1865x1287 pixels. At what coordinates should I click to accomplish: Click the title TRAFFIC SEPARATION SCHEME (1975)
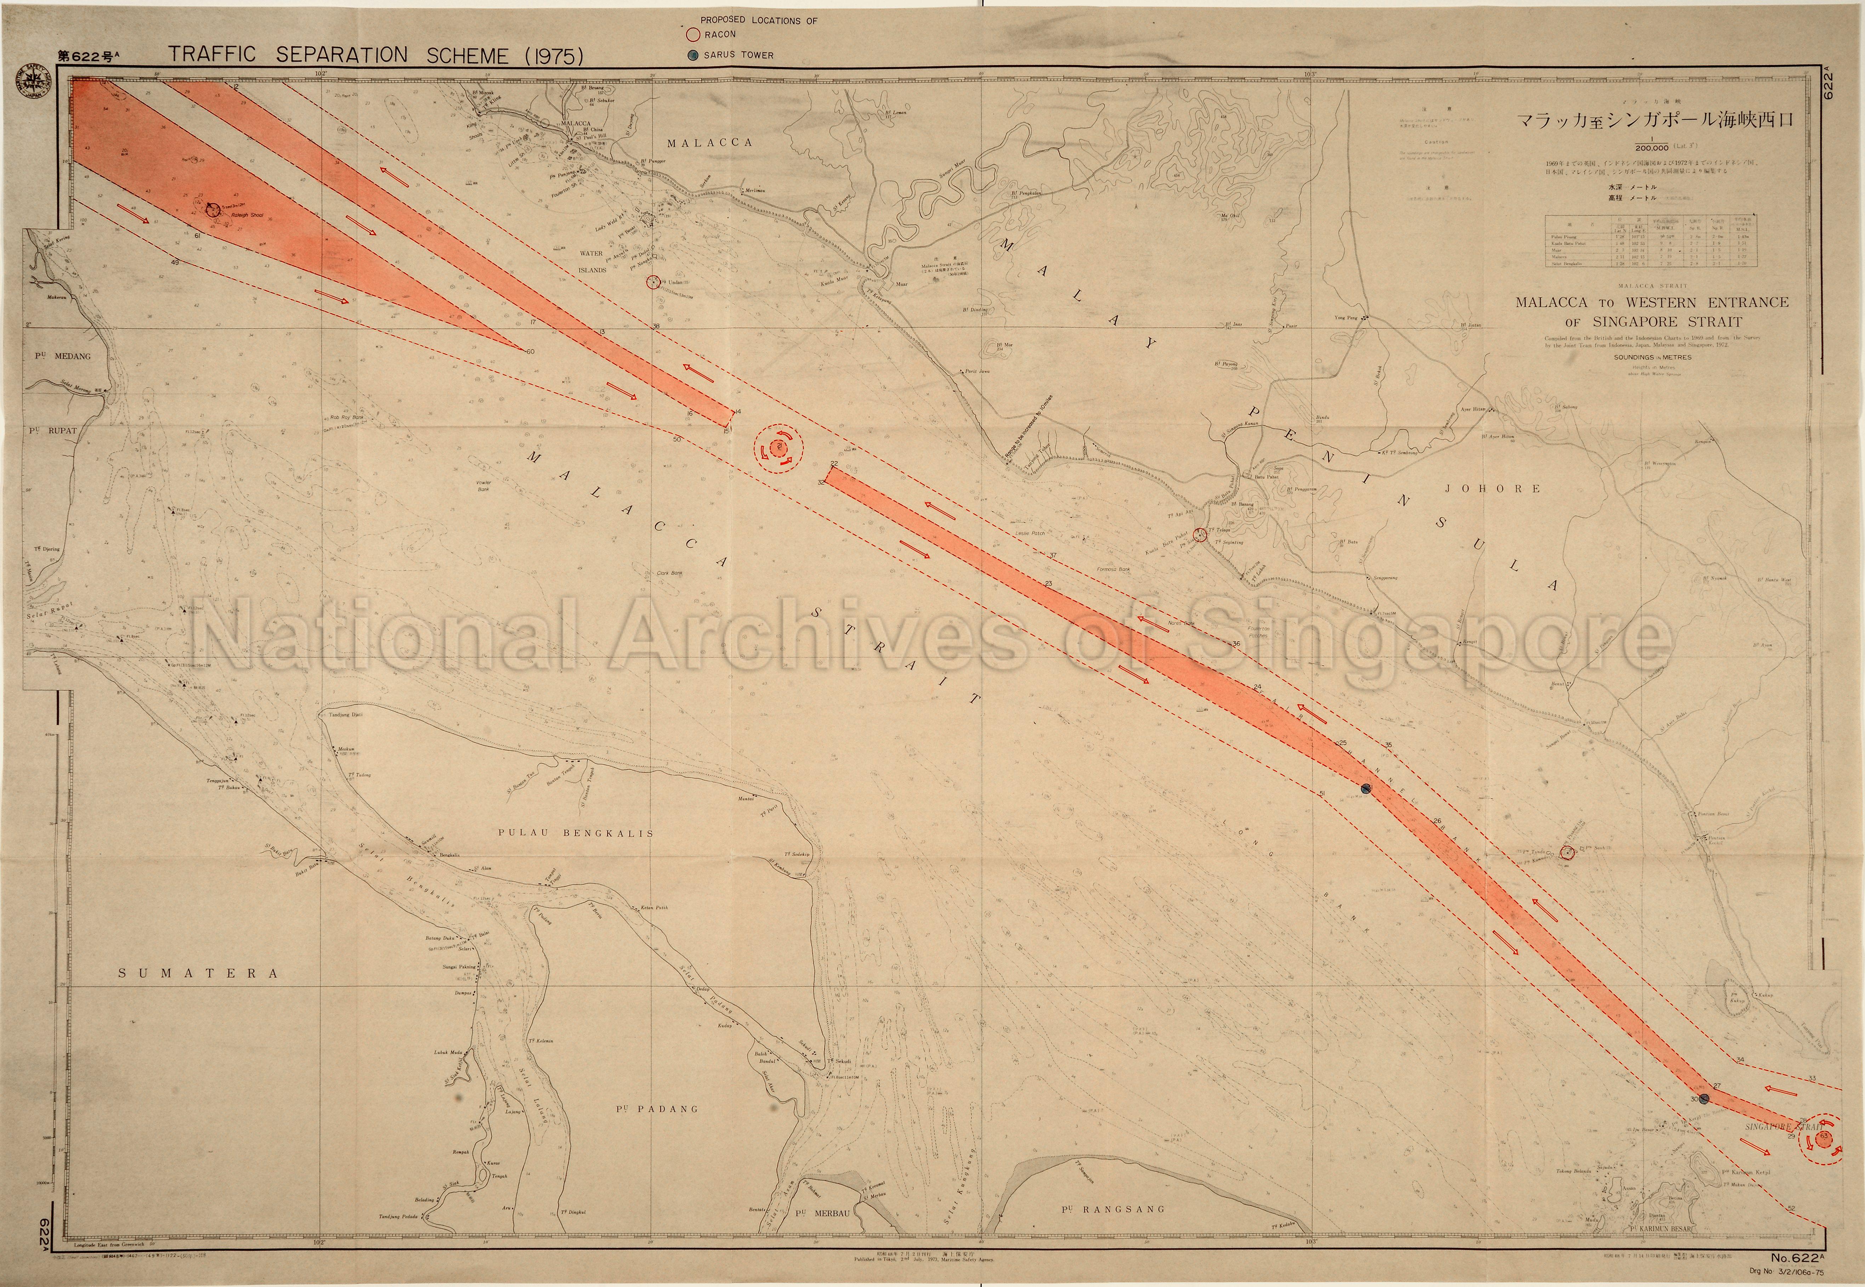(x=375, y=55)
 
